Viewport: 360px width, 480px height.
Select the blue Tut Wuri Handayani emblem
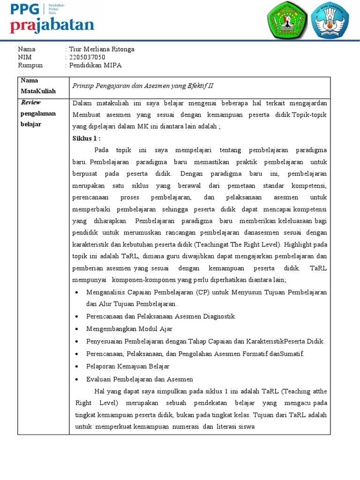(333, 21)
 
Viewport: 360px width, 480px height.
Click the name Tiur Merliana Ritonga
(102, 49)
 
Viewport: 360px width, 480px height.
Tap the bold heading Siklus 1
(87, 138)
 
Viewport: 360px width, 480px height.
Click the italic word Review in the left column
(31, 102)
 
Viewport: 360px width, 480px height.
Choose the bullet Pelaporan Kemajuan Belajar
(127, 366)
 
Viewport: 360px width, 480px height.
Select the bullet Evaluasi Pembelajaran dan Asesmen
(140, 379)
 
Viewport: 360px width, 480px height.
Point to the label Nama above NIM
(26, 49)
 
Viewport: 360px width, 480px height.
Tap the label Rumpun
(30, 65)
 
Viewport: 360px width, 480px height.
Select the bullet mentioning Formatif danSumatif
(195, 353)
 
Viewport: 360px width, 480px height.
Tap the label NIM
(24, 57)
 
